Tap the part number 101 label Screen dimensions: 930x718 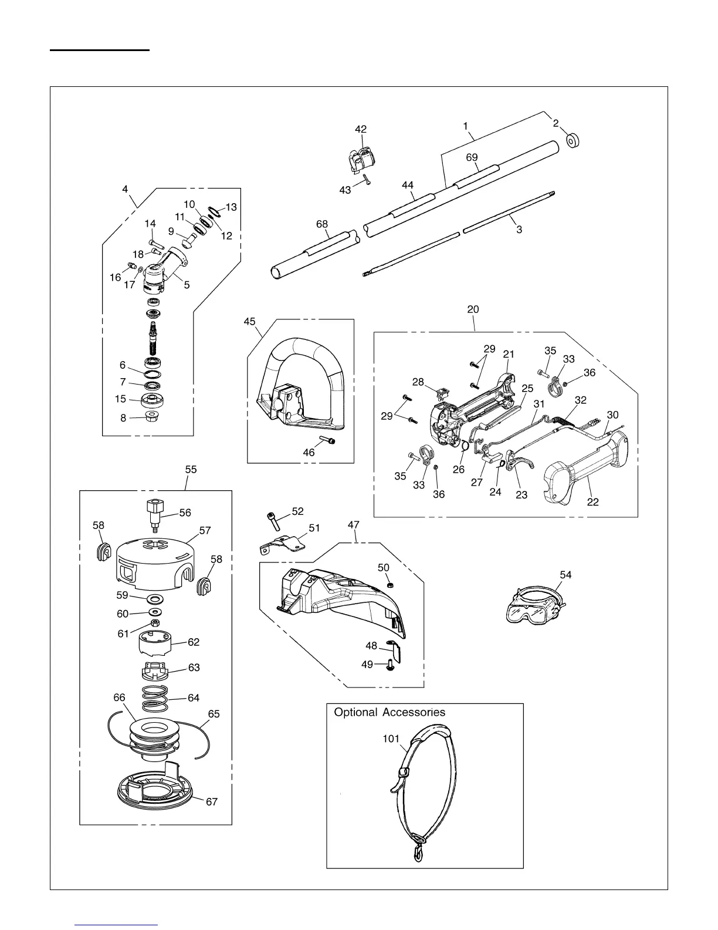click(x=391, y=739)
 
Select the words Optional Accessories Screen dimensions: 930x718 click(x=390, y=712)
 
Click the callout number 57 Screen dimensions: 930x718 click(x=205, y=530)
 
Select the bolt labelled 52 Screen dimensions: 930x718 click(x=273, y=520)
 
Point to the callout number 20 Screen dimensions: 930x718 click(x=473, y=309)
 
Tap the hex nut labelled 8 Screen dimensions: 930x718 click(x=152, y=417)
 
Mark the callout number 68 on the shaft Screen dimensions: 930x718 click(x=322, y=224)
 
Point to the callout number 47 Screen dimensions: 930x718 click(x=354, y=524)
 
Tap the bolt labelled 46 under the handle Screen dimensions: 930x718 click(x=330, y=440)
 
